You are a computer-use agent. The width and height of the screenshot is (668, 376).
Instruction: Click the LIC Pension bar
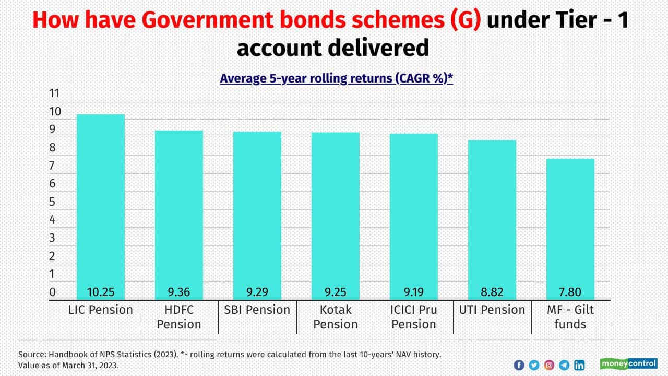tap(101, 204)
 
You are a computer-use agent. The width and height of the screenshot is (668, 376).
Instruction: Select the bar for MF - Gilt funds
tap(570, 225)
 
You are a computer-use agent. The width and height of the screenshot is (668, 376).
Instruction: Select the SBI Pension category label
tap(257, 310)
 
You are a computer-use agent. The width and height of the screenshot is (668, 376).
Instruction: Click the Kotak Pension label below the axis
tap(336, 317)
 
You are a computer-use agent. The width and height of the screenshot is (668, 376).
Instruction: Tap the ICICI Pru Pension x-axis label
tap(414, 317)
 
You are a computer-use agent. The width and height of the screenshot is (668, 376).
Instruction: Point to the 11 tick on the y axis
tap(54, 94)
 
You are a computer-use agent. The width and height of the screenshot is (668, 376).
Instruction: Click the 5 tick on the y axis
tap(52, 202)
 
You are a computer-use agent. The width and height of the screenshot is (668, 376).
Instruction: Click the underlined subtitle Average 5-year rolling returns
tap(336, 78)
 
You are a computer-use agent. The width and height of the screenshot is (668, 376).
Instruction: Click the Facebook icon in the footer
tap(519, 365)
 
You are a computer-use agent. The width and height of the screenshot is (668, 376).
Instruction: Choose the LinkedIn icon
tap(579, 365)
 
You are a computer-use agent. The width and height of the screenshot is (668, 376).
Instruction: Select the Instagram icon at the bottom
tap(549, 365)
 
